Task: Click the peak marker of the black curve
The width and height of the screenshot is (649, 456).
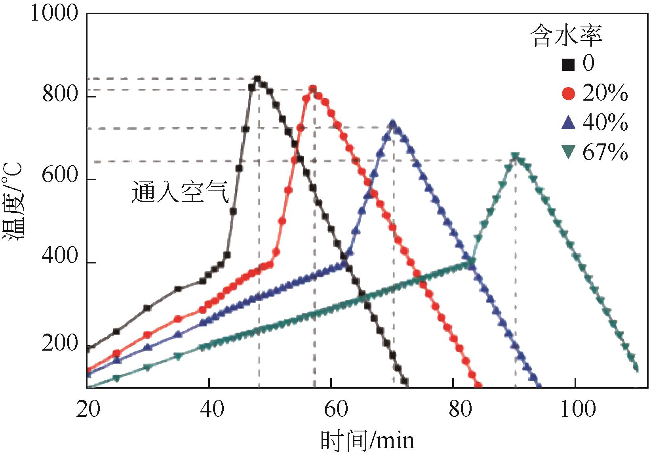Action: pos(258,79)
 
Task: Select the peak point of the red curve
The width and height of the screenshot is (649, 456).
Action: pos(313,89)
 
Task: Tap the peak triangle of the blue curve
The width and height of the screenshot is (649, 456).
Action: pos(393,124)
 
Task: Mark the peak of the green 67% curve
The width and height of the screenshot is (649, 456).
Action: pos(515,156)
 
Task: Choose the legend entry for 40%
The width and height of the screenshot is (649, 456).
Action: pos(594,123)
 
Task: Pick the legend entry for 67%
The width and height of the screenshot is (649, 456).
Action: pos(594,152)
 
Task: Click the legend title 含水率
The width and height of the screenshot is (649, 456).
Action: pos(566,35)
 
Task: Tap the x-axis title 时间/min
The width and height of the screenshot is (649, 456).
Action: pos(367,440)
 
